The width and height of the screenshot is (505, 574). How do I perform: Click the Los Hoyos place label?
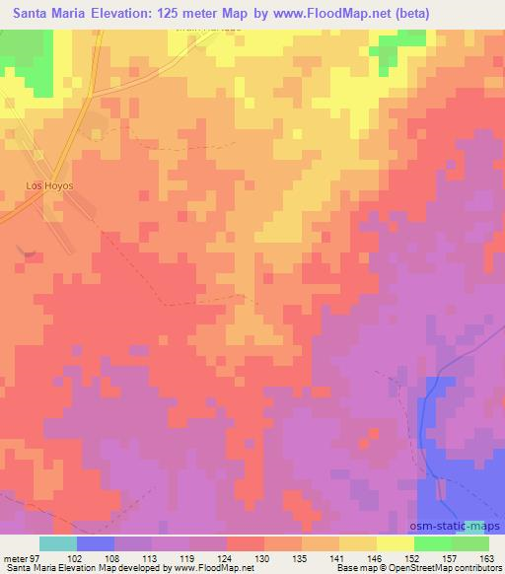click(43, 184)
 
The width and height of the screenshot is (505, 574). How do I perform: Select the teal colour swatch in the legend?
click(57, 543)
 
